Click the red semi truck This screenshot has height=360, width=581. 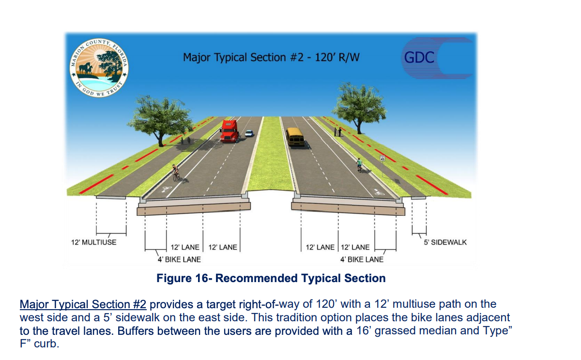229,131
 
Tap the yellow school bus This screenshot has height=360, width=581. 295,136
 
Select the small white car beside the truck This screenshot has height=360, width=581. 249,133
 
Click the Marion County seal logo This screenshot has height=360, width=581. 99,68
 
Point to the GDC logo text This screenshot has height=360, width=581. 419,58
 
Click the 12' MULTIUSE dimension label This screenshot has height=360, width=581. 94,242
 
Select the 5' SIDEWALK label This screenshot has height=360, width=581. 445,242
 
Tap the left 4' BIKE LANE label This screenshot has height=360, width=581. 179,259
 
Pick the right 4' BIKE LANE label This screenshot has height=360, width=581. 362,259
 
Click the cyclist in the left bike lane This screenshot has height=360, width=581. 176,173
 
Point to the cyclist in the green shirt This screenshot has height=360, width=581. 359,165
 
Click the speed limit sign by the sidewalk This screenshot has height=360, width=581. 382,158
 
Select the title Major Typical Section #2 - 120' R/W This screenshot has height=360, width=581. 271,57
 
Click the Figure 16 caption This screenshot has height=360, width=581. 271,278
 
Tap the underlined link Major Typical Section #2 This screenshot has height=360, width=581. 83,304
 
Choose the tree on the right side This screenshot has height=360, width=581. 359,106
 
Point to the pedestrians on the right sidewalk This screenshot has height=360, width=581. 337,132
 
